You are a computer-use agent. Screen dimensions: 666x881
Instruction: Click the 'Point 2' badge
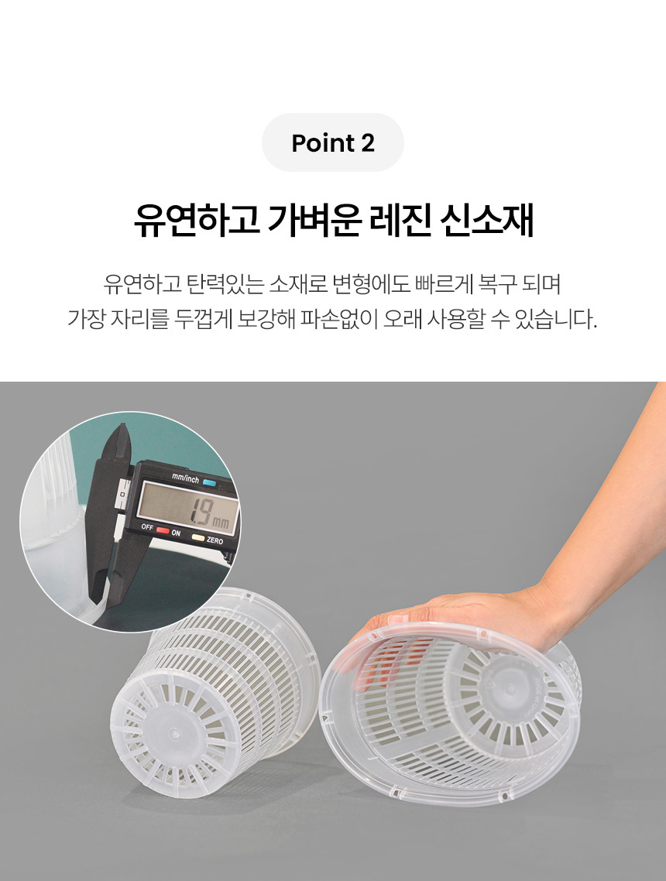click(333, 142)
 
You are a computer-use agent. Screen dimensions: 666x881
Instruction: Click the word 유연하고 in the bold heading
click(196, 220)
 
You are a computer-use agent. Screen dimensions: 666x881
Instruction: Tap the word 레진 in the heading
click(400, 220)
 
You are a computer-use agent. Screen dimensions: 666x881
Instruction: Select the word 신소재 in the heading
click(486, 220)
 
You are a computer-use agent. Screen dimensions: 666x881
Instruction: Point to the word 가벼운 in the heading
click(314, 220)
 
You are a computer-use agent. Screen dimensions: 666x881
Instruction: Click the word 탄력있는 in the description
click(225, 284)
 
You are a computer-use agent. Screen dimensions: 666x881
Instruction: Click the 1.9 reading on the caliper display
click(200, 513)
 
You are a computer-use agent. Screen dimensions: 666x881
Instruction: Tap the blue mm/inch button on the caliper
click(210, 482)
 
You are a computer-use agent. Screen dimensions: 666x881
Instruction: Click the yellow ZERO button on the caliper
click(197, 537)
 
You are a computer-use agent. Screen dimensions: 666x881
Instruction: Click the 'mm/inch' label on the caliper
click(185, 478)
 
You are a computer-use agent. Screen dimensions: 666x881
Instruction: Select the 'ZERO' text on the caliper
click(215, 540)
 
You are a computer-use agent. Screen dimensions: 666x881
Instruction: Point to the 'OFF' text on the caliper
click(147, 527)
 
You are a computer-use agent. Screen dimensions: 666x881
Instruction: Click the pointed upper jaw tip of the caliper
click(123, 425)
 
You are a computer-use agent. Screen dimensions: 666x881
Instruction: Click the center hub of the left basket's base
click(174, 733)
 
